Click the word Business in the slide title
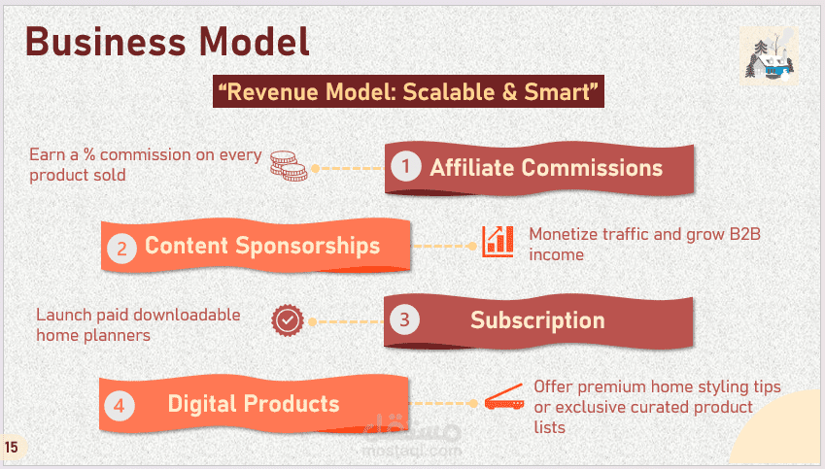pos(105,42)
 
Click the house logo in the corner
pos(769,55)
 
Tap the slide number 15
pos(11,448)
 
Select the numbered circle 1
pos(405,167)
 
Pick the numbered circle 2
pos(122,249)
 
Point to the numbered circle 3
pos(404,319)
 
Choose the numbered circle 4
pos(120,406)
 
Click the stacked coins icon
pos(289,166)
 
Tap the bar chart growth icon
pos(498,242)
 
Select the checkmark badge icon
pos(288,320)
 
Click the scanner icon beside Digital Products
pos(504,397)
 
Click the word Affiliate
pos(472,168)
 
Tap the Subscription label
pos(537,320)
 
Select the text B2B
pos(744,234)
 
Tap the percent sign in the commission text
pos(89,154)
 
